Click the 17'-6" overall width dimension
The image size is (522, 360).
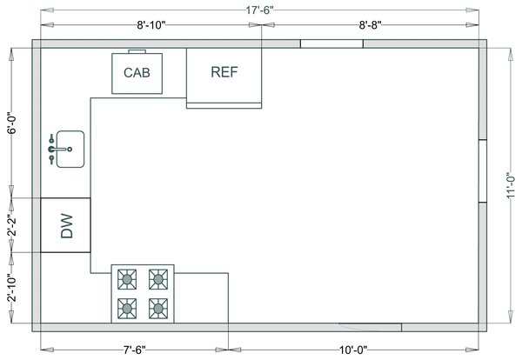coord(259,10)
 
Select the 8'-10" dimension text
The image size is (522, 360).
coord(151,25)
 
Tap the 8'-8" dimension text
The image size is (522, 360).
coord(371,25)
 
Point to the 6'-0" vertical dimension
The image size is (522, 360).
coord(11,123)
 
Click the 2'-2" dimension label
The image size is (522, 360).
coord(11,225)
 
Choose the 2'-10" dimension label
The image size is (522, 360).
coord(11,288)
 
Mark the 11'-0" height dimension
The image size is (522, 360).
coord(511,186)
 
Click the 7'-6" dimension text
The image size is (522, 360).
coord(135,350)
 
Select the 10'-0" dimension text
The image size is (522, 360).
coord(353,350)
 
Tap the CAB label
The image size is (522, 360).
coord(137,72)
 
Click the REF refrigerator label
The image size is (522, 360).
coord(224,72)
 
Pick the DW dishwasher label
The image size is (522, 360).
coord(67,225)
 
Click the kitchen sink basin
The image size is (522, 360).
coord(70,149)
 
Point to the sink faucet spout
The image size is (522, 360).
coord(60,149)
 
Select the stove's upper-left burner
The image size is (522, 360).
coord(127,279)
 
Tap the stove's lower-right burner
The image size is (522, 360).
coord(158,309)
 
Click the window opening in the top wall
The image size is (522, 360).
coord(331,44)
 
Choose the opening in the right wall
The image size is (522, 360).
coord(483,170)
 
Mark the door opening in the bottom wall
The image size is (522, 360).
coord(371,327)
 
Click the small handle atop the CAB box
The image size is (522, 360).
coord(137,51)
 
